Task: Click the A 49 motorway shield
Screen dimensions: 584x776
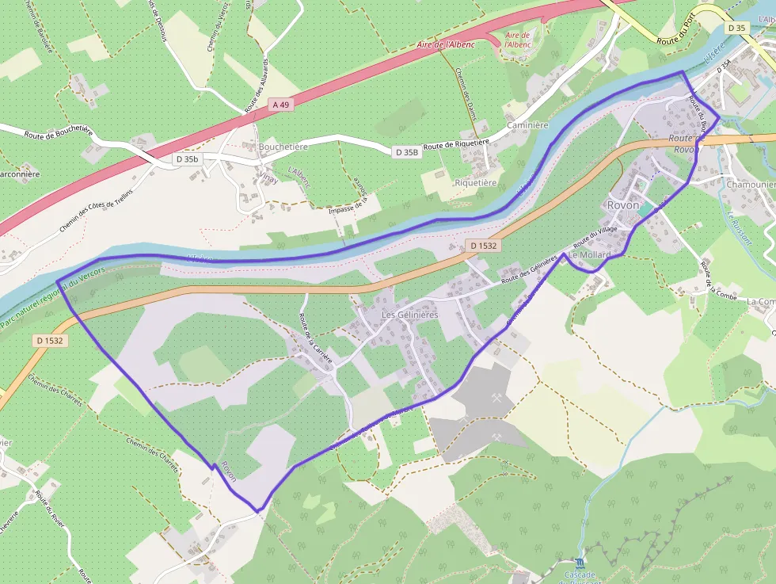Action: [x=280, y=104]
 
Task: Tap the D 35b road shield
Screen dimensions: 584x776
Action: [x=188, y=159]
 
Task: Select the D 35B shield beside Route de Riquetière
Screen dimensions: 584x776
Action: [x=405, y=151]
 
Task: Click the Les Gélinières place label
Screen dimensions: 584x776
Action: [x=409, y=315]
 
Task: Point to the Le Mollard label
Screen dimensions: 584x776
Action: [x=589, y=255]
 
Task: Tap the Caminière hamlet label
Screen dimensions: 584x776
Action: [x=527, y=125]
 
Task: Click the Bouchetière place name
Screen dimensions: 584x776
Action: [x=283, y=147]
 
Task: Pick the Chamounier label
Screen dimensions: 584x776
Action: [x=751, y=185]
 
